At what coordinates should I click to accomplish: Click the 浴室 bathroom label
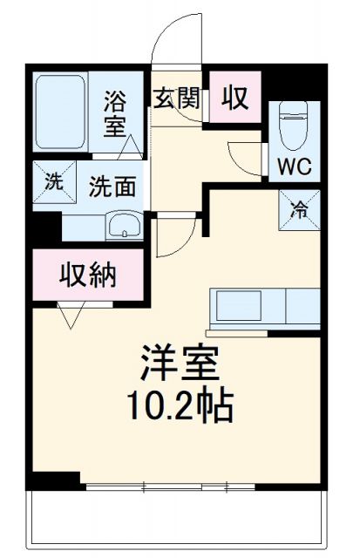tap(115, 113)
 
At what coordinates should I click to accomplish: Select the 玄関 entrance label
tap(177, 97)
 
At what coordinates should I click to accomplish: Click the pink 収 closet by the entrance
tap(233, 97)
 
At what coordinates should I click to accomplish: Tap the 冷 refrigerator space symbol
tap(296, 209)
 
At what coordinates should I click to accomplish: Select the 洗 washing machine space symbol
tap(53, 183)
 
